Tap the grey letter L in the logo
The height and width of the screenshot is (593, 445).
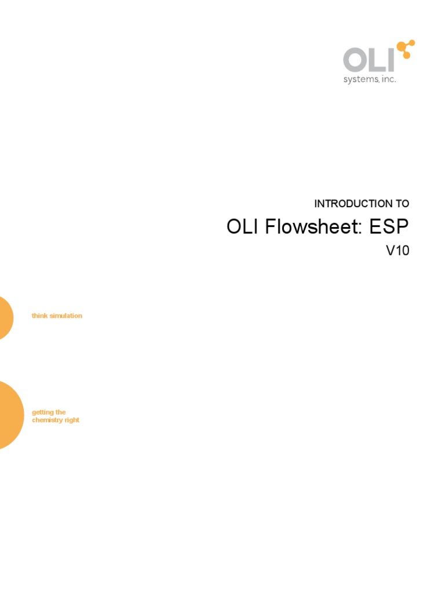[377, 61]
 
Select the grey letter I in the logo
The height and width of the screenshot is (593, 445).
[392, 61]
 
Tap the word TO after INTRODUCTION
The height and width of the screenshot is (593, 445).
[402, 204]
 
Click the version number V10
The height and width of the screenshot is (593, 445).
[397, 251]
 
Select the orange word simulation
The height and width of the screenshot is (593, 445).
[65, 316]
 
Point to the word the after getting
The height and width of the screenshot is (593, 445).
[61, 412]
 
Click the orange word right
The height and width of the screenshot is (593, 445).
[72, 420]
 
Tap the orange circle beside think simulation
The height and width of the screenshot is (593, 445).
[5, 317]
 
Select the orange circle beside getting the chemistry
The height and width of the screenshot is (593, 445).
[9, 415]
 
